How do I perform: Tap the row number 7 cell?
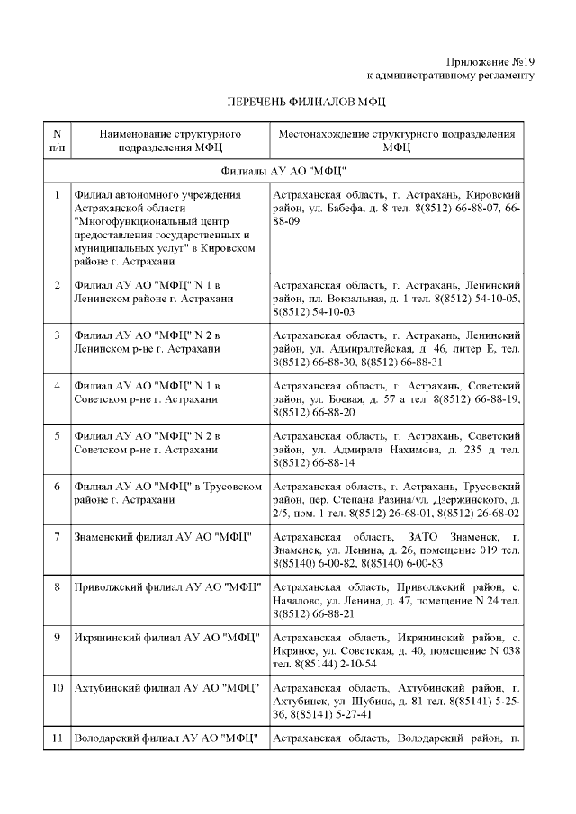pos(57,537)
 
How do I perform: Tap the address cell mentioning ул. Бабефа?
pos(396,208)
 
